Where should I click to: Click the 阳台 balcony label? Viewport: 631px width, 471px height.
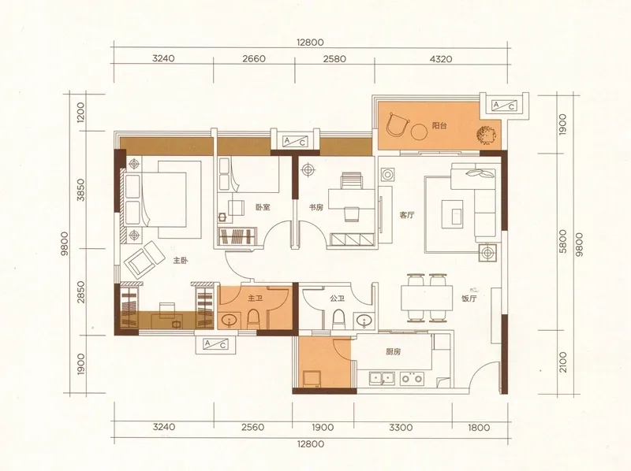439,126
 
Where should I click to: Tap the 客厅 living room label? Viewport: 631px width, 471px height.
407,215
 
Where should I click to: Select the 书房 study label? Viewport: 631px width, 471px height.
316,207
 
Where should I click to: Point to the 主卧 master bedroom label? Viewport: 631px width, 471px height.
181,261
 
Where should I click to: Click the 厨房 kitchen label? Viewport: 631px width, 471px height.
393,351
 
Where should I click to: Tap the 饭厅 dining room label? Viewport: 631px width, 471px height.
469,299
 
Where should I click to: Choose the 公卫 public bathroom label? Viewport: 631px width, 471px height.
337,299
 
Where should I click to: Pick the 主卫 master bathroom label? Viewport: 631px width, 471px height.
255,299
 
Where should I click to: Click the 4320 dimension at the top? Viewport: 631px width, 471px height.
441,59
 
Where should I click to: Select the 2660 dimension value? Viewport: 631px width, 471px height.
254,59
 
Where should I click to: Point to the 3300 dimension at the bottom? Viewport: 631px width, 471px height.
401,427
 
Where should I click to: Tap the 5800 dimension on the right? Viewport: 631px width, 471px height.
562,241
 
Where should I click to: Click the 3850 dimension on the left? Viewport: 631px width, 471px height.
81,190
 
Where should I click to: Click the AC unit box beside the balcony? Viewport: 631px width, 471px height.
504,106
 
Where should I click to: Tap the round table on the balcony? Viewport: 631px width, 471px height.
419,131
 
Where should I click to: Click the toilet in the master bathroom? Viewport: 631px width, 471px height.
253,319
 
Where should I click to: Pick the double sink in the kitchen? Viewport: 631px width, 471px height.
382,378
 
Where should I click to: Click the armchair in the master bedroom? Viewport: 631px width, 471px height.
145,259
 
